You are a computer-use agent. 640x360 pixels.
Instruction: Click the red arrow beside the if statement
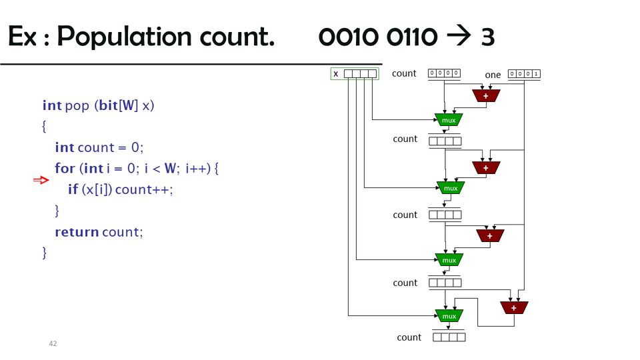point(41,180)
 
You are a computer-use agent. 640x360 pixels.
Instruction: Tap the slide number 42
point(53,343)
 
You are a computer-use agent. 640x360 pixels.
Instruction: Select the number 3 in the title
point(487,37)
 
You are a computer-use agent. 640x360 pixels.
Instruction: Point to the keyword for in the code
point(65,169)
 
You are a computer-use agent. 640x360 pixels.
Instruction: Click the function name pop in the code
point(77,105)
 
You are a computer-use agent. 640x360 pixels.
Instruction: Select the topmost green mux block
point(449,120)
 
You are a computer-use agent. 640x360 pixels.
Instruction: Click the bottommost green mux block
point(449,316)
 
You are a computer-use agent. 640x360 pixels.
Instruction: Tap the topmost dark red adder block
point(486,96)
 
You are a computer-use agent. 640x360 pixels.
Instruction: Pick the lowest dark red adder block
point(514,307)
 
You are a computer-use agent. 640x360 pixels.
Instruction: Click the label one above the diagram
point(493,75)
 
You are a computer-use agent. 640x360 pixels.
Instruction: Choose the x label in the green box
point(336,74)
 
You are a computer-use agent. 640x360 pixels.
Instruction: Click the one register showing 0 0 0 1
point(524,74)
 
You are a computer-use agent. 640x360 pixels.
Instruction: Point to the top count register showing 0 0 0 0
point(444,73)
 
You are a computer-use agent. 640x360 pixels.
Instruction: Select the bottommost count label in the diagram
point(409,337)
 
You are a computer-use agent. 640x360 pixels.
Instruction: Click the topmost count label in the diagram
point(404,73)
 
